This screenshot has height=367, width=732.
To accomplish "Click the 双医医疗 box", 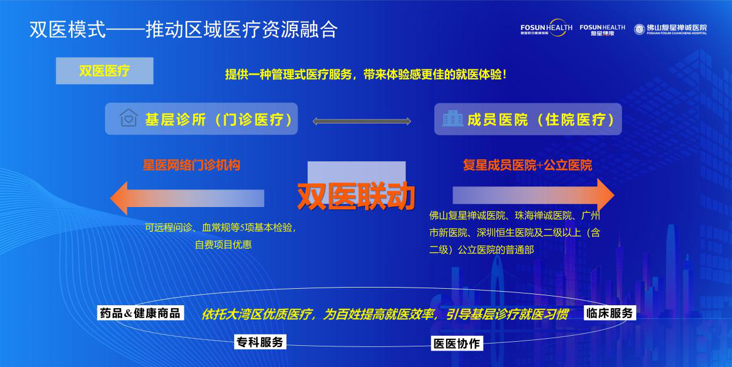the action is (104, 71).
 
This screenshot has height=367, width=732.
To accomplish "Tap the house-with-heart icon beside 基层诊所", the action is (129, 118).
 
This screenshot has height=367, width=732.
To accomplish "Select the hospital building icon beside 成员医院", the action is (453, 118).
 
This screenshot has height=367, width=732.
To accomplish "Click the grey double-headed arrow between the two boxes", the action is (362, 122).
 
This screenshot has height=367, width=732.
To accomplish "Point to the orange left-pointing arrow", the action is (187, 198).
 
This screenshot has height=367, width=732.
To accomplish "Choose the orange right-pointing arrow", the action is (534, 195).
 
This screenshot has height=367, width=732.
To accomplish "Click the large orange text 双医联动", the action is (356, 196).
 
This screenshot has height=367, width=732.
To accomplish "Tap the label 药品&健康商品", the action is (140, 313).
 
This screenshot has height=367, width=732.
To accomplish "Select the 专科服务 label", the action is (260, 342).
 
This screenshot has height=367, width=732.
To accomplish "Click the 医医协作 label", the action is (457, 343).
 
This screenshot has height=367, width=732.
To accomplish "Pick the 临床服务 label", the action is (610, 313).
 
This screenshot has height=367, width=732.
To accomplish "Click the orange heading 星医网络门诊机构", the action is (191, 165).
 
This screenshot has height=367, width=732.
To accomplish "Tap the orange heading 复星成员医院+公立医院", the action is (528, 165).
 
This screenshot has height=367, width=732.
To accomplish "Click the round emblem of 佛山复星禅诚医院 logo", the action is (639, 29).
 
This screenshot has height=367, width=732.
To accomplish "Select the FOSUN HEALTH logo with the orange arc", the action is (547, 28).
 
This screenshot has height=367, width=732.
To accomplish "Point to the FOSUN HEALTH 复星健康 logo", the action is (602, 30).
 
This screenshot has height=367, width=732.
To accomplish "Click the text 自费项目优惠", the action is (224, 245).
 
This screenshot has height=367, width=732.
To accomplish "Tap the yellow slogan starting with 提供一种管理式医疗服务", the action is (366, 75).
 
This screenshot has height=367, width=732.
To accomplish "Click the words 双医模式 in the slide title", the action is (68, 29).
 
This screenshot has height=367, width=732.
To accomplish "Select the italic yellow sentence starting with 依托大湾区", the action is (384, 314).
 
